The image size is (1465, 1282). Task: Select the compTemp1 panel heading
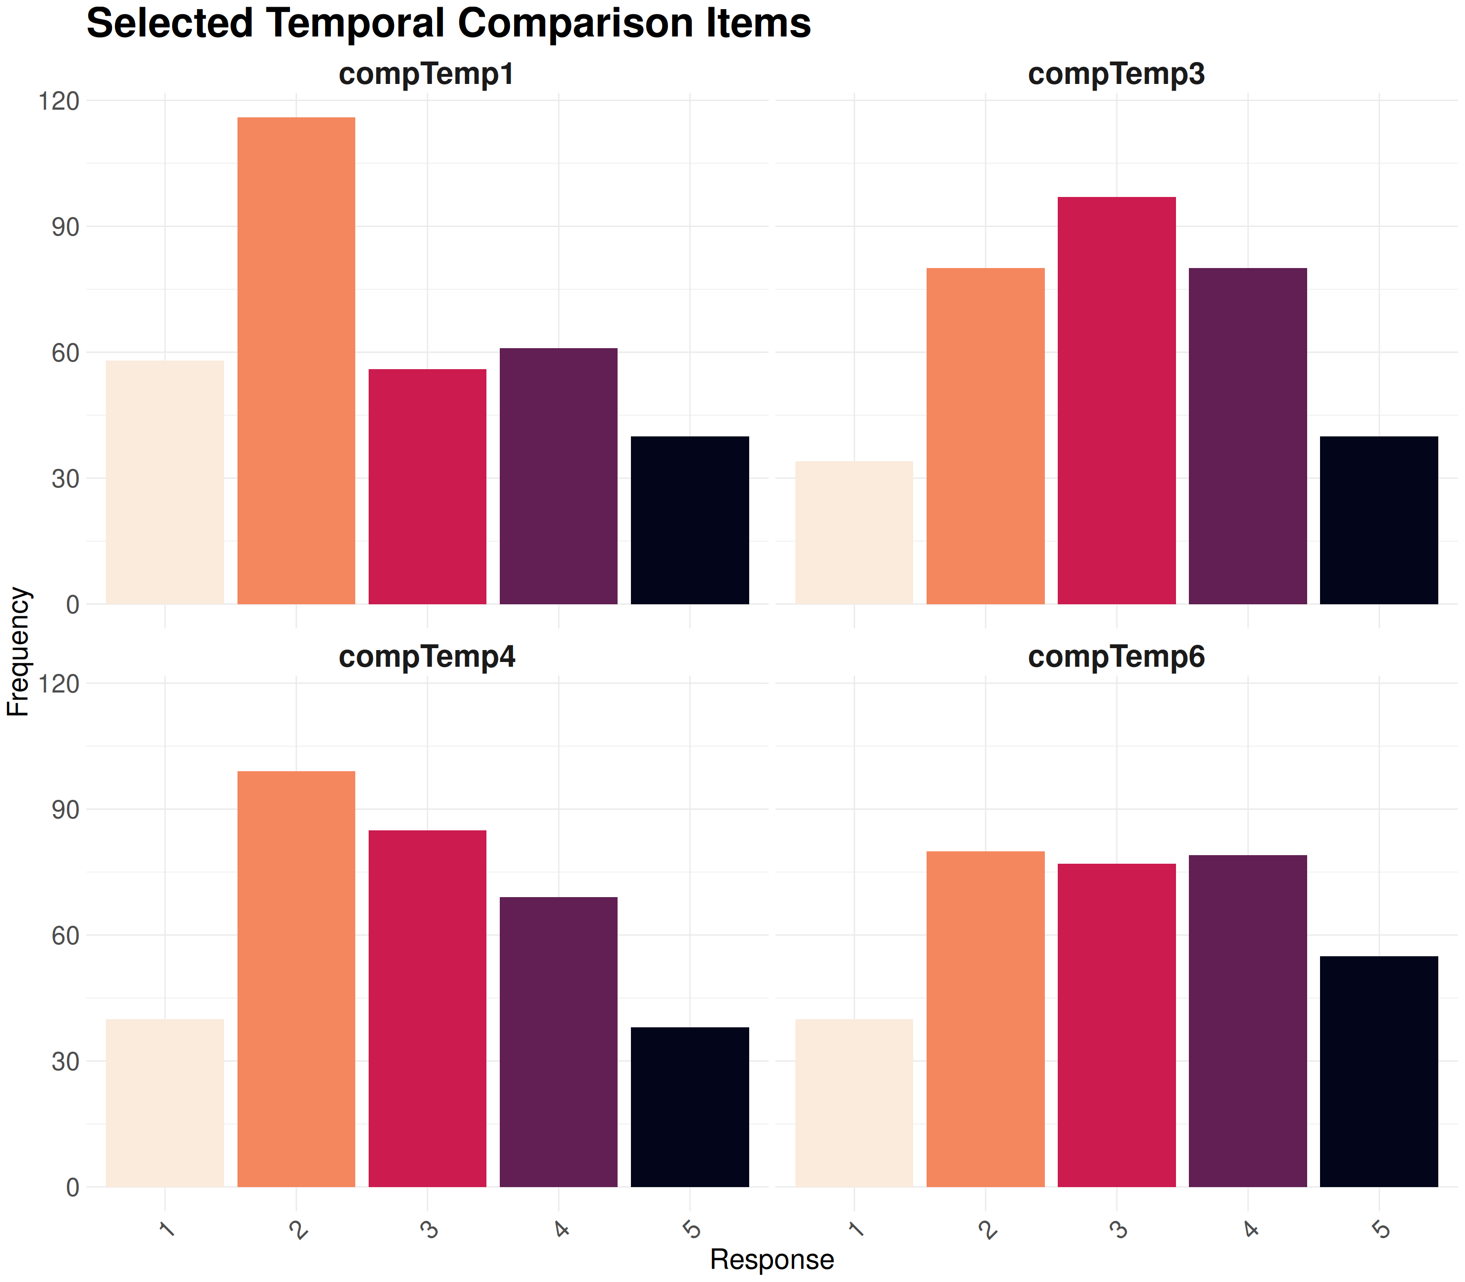tap(426, 74)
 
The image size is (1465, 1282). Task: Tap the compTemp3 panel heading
tap(1116, 74)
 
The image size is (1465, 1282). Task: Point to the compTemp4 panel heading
tap(426, 657)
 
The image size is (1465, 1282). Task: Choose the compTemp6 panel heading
tap(1116, 657)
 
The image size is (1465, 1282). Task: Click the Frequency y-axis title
tap(18, 651)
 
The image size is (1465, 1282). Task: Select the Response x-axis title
tap(772, 1259)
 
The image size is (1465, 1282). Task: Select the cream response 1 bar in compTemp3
tap(854, 533)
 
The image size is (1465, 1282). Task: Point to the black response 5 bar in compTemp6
tap(1378, 1071)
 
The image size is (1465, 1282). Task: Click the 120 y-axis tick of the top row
tap(59, 102)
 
